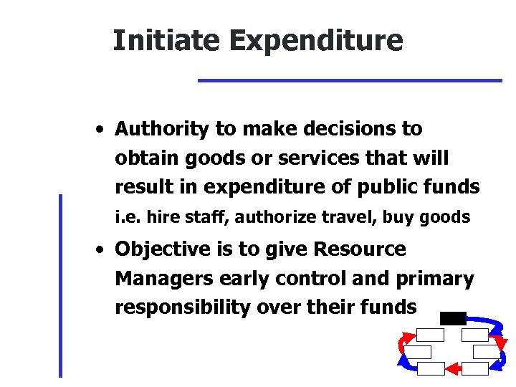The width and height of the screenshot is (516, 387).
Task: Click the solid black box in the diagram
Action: (x=453, y=318)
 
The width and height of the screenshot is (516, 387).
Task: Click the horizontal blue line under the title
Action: (x=350, y=80)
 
